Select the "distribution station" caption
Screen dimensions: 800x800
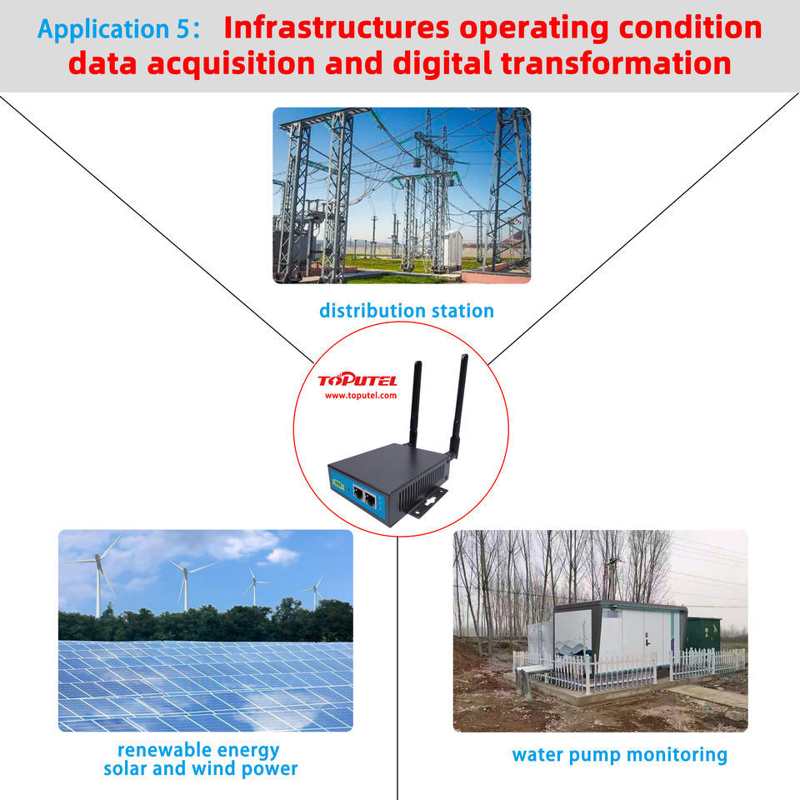tap(407, 311)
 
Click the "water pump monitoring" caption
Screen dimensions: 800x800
tap(619, 755)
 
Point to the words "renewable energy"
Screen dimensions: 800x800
tap(198, 749)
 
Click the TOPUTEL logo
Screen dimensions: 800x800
tap(357, 381)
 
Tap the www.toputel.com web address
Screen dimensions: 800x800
tap(360, 396)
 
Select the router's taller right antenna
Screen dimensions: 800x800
tap(459, 404)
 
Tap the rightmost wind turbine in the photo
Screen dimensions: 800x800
tap(315, 592)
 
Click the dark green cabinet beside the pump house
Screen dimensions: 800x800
tap(703, 633)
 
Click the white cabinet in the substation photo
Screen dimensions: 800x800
tap(453, 250)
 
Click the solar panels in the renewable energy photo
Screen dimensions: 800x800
tap(205, 683)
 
